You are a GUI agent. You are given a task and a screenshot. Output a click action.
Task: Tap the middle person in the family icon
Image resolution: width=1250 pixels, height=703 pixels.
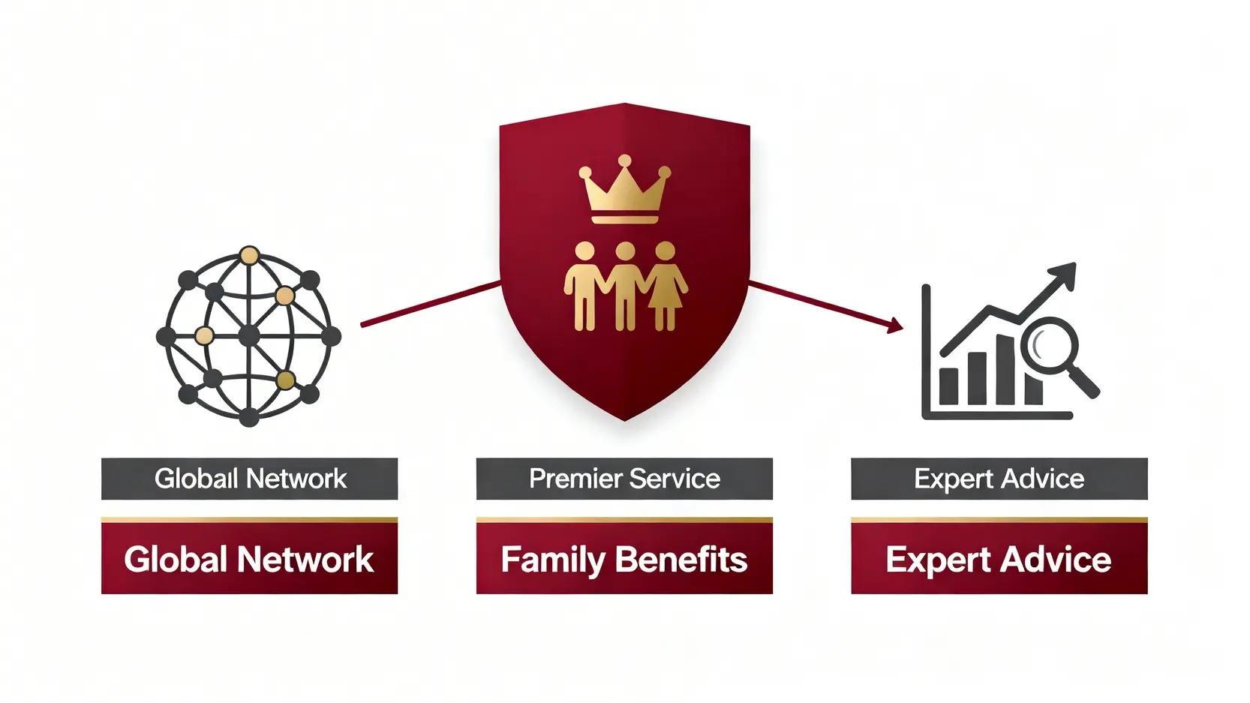pos(625,286)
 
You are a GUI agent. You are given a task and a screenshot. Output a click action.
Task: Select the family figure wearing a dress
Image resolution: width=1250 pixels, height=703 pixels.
pos(666,286)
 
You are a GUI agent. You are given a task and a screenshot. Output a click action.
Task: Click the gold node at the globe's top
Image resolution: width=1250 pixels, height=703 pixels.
pos(249,256)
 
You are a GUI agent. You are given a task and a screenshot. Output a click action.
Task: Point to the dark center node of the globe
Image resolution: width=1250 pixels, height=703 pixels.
pos(249,336)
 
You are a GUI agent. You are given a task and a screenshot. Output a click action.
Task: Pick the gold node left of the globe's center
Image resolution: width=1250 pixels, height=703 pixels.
pos(204,335)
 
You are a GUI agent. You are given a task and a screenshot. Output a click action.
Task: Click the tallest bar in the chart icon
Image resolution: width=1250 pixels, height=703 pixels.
pos(1005,369)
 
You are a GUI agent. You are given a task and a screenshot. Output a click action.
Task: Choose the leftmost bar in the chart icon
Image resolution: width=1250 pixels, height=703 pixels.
pos(948,386)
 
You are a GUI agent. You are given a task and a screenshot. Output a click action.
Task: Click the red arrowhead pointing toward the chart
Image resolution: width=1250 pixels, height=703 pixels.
pos(894,326)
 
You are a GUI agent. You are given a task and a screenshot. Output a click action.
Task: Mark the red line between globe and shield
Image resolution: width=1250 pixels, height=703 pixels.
pos(431,304)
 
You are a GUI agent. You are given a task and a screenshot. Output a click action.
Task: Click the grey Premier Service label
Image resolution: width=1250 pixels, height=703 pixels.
pos(624,479)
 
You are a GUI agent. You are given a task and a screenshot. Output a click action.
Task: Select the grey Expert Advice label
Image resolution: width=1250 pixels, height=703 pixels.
pos(999,479)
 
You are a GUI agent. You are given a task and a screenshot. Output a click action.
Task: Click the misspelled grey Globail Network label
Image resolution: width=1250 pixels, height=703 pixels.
pos(249,479)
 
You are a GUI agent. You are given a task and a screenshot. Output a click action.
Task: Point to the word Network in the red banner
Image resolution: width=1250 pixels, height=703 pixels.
pos(305,560)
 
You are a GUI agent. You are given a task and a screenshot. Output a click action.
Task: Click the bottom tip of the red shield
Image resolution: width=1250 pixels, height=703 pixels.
pos(625,421)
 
